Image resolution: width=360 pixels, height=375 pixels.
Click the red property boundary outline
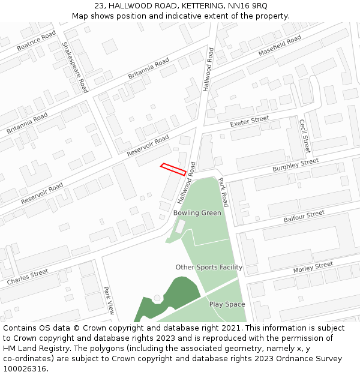[x=173, y=169]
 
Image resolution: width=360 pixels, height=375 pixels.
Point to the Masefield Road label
[x=280, y=46]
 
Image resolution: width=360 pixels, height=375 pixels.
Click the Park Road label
[x=223, y=192]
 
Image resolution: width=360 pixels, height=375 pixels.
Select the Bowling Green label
[x=197, y=213]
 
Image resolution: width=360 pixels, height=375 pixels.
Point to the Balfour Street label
[x=304, y=217]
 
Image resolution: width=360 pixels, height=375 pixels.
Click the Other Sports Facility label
[x=209, y=267]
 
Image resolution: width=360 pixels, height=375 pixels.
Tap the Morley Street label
[x=313, y=268]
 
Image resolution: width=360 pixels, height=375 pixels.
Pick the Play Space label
[x=227, y=304]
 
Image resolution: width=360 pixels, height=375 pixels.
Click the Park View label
[x=109, y=300]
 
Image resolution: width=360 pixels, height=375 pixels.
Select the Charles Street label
[x=28, y=277]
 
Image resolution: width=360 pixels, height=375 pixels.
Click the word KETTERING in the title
[x=182, y=6]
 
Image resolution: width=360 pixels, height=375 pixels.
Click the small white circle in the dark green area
[x=157, y=298]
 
